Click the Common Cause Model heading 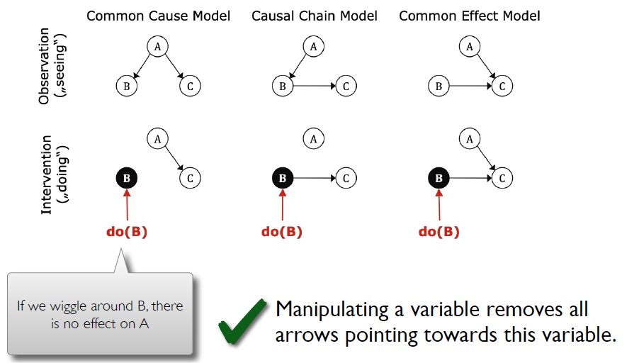(158, 16)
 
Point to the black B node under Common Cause (126, 178)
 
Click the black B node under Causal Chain (282, 178)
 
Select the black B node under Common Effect (439, 178)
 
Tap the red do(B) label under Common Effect (439, 232)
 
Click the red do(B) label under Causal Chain (282, 232)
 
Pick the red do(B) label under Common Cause (126, 232)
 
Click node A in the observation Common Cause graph (157, 47)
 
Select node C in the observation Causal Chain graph (346, 86)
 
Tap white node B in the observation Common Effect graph (439, 86)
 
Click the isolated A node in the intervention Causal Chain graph (313, 138)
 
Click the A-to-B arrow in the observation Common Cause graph (141, 67)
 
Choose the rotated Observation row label (45, 67)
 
